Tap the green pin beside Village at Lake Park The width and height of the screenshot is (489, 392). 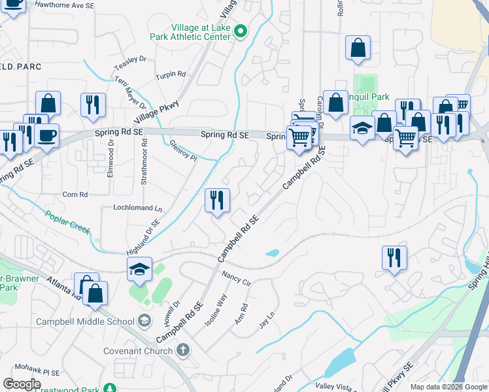[241, 30]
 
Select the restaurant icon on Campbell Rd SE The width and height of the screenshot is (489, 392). [217, 200]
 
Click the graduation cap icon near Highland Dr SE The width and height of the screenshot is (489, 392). [140, 269]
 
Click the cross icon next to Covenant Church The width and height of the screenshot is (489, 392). [183, 350]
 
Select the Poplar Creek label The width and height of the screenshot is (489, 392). [67, 221]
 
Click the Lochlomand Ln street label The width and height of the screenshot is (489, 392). [137, 208]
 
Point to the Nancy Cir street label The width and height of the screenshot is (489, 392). [237, 278]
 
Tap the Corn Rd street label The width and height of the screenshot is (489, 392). [75, 195]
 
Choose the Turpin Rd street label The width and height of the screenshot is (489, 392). [171, 75]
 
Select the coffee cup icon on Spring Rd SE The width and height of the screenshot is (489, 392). [46, 135]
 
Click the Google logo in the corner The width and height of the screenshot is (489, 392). [22, 384]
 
